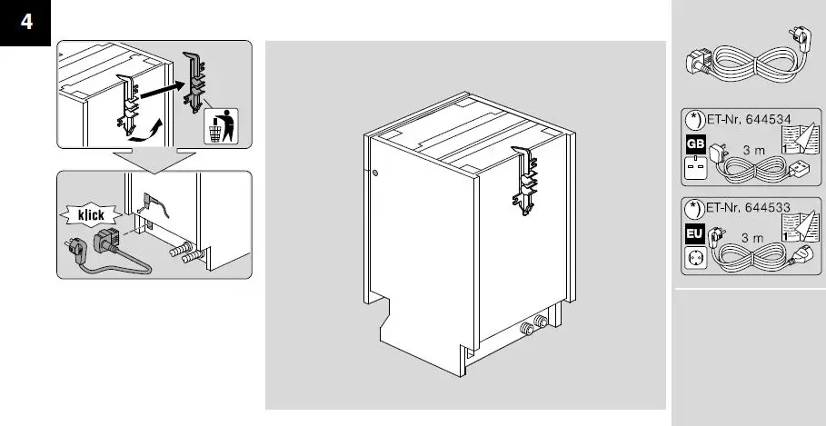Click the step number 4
coord(27,22)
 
